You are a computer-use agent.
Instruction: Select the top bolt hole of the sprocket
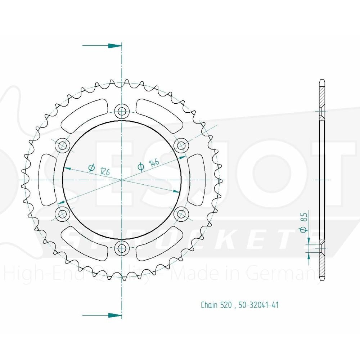122,111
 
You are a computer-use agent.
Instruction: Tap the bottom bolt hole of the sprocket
122,247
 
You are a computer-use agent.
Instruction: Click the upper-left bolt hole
63,145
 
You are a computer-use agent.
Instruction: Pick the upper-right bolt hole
181,145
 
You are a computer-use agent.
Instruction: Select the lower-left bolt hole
63,213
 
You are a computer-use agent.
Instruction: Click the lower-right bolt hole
181,213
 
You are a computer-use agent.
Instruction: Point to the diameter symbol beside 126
91,167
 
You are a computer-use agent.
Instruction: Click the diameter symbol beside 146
141,166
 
